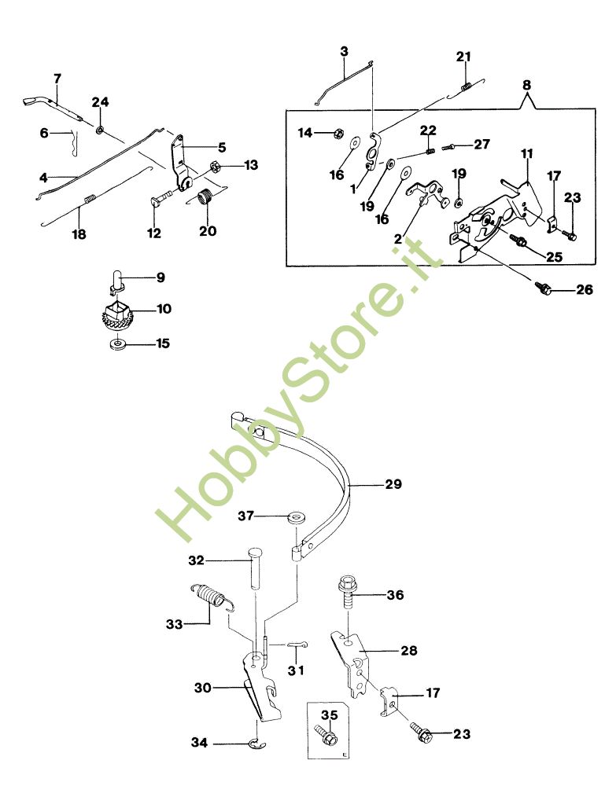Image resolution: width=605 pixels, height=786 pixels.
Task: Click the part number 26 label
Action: (x=583, y=289)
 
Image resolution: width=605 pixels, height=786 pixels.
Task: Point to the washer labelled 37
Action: (x=297, y=518)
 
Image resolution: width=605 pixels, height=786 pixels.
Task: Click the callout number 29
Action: (x=393, y=484)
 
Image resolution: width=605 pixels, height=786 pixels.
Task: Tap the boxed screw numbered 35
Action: (x=327, y=737)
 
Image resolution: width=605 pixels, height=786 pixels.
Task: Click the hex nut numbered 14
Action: (x=336, y=134)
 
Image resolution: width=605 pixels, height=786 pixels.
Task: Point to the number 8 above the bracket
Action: (x=526, y=83)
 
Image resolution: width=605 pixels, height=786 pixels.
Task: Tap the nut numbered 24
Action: (x=100, y=126)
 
